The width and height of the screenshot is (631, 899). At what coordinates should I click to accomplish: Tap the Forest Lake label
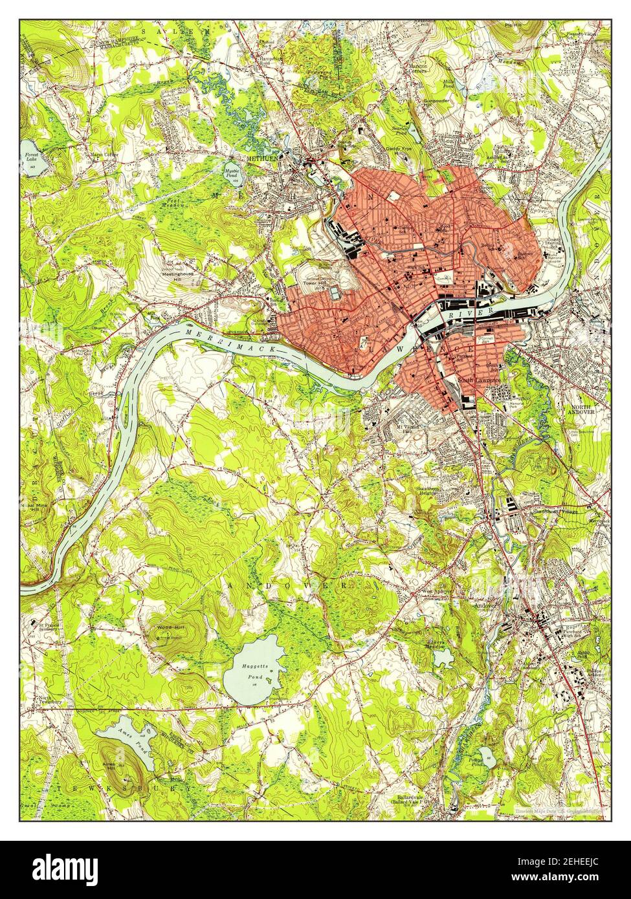pos(31,159)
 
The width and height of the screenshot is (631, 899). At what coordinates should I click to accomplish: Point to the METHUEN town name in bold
pos(261,156)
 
